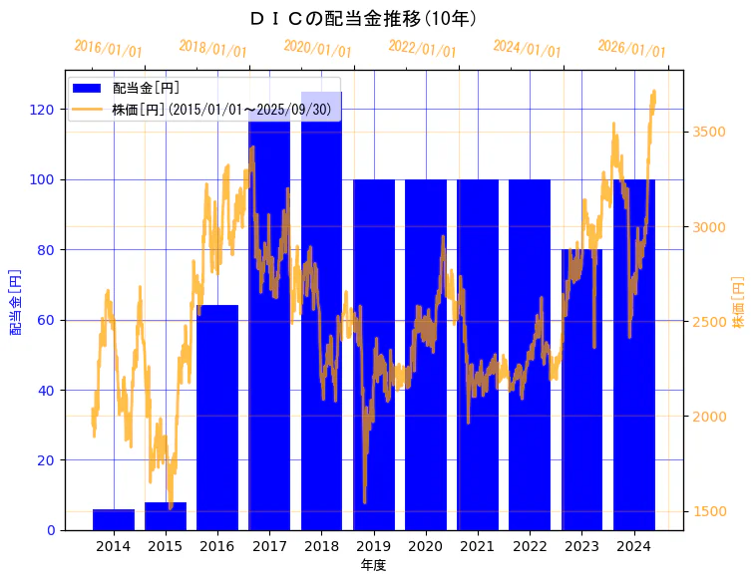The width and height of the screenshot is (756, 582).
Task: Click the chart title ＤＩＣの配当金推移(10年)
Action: [x=364, y=18]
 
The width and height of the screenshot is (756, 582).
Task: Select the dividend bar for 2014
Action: [x=114, y=519]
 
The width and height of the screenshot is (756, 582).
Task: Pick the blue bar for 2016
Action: [x=217, y=419]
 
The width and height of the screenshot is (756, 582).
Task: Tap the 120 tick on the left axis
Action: [x=45, y=110]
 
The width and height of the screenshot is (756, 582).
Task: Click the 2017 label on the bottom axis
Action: [x=269, y=546]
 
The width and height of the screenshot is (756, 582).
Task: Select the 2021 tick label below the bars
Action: [x=478, y=546]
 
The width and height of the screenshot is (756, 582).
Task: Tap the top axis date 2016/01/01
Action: [x=109, y=49]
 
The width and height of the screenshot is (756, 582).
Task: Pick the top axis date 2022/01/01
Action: [x=423, y=49]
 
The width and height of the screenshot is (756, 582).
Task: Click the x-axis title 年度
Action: [x=373, y=565]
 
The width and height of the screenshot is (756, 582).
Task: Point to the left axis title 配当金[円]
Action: [x=16, y=300]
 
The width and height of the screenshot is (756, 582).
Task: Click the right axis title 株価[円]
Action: [x=739, y=302]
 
